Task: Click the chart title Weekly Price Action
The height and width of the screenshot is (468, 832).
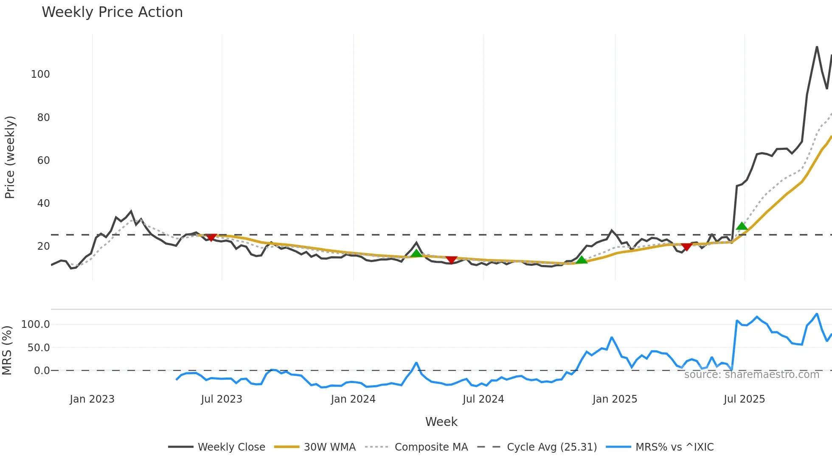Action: click(112, 12)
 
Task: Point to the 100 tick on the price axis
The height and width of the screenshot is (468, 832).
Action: click(40, 74)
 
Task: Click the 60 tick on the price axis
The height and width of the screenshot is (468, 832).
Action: click(43, 161)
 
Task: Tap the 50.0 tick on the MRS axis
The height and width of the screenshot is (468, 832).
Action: click(39, 348)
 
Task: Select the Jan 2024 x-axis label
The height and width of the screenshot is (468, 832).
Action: click(353, 399)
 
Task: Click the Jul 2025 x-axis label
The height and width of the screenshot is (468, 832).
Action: click(744, 399)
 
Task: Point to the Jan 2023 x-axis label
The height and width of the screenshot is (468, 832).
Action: click(92, 399)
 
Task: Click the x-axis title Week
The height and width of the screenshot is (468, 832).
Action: click(441, 422)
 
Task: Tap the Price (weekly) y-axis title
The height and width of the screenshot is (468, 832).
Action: click(10, 157)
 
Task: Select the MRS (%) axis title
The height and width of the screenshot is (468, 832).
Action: click(7, 350)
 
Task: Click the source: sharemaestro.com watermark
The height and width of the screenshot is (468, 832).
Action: click(751, 375)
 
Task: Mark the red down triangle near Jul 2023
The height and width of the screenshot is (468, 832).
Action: click(211, 237)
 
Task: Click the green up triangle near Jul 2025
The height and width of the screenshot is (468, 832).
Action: click(742, 226)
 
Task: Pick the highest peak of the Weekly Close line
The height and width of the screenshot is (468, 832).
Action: click(817, 47)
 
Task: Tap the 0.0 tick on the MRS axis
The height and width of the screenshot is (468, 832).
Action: click(42, 371)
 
